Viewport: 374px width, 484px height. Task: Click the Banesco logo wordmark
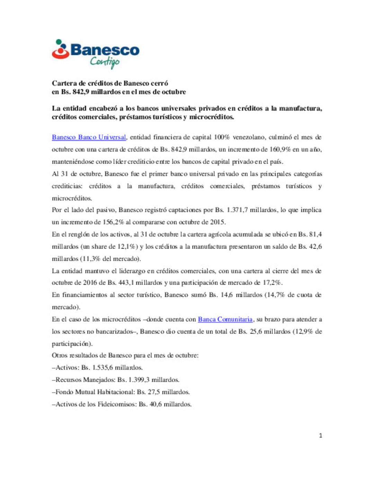(105, 50)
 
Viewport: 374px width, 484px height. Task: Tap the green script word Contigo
(105, 62)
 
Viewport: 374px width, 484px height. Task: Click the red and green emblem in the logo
(60, 49)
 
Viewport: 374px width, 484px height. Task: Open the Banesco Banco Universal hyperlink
(89, 137)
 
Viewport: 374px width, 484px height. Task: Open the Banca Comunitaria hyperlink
(225, 319)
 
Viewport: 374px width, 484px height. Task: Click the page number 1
(320, 436)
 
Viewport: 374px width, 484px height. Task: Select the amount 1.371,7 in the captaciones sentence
(237, 210)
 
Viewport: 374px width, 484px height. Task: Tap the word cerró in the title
(160, 83)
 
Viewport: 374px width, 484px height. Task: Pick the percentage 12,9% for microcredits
(304, 331)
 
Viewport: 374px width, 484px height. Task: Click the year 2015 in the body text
(217, 222)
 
